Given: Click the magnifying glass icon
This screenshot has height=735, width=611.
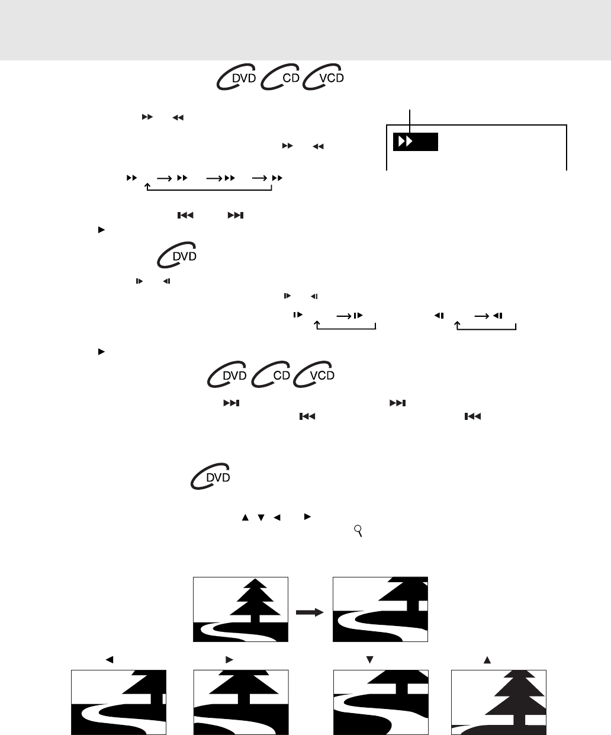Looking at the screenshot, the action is (358, 531).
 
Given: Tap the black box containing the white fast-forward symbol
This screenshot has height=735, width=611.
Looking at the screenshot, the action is (415, 142).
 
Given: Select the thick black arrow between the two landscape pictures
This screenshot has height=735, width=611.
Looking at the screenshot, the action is (310, 612).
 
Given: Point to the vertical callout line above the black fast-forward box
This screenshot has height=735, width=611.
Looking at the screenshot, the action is (410, 121).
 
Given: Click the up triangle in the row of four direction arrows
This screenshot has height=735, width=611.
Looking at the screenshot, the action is (245, 517).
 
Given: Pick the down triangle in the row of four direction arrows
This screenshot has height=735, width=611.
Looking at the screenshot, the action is (261, 518).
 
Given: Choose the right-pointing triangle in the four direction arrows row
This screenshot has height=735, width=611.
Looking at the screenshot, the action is (307, 517).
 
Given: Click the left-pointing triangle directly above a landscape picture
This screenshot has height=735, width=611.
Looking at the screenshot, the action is (110, 660).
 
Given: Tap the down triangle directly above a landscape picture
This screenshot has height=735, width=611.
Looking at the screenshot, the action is (369, 660).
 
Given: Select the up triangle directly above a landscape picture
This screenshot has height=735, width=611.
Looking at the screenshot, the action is (487, 660).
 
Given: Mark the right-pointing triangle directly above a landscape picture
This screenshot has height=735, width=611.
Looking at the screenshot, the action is (229, 660).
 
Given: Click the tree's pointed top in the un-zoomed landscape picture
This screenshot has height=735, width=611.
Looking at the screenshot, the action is (255, 580).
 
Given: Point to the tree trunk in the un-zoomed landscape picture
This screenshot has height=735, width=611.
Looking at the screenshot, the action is (255, 619).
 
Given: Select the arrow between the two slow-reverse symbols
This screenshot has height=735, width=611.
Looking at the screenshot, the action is (482, 316).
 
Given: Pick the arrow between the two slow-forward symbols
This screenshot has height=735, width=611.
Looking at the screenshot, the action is (344, 316).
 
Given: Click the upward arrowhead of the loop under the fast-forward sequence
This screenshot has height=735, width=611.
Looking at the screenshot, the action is (147, 185).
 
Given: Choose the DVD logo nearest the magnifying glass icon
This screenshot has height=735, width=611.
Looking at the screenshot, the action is (210, 476).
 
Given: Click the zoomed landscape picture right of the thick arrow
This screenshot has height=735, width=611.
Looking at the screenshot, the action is (380, 609).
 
